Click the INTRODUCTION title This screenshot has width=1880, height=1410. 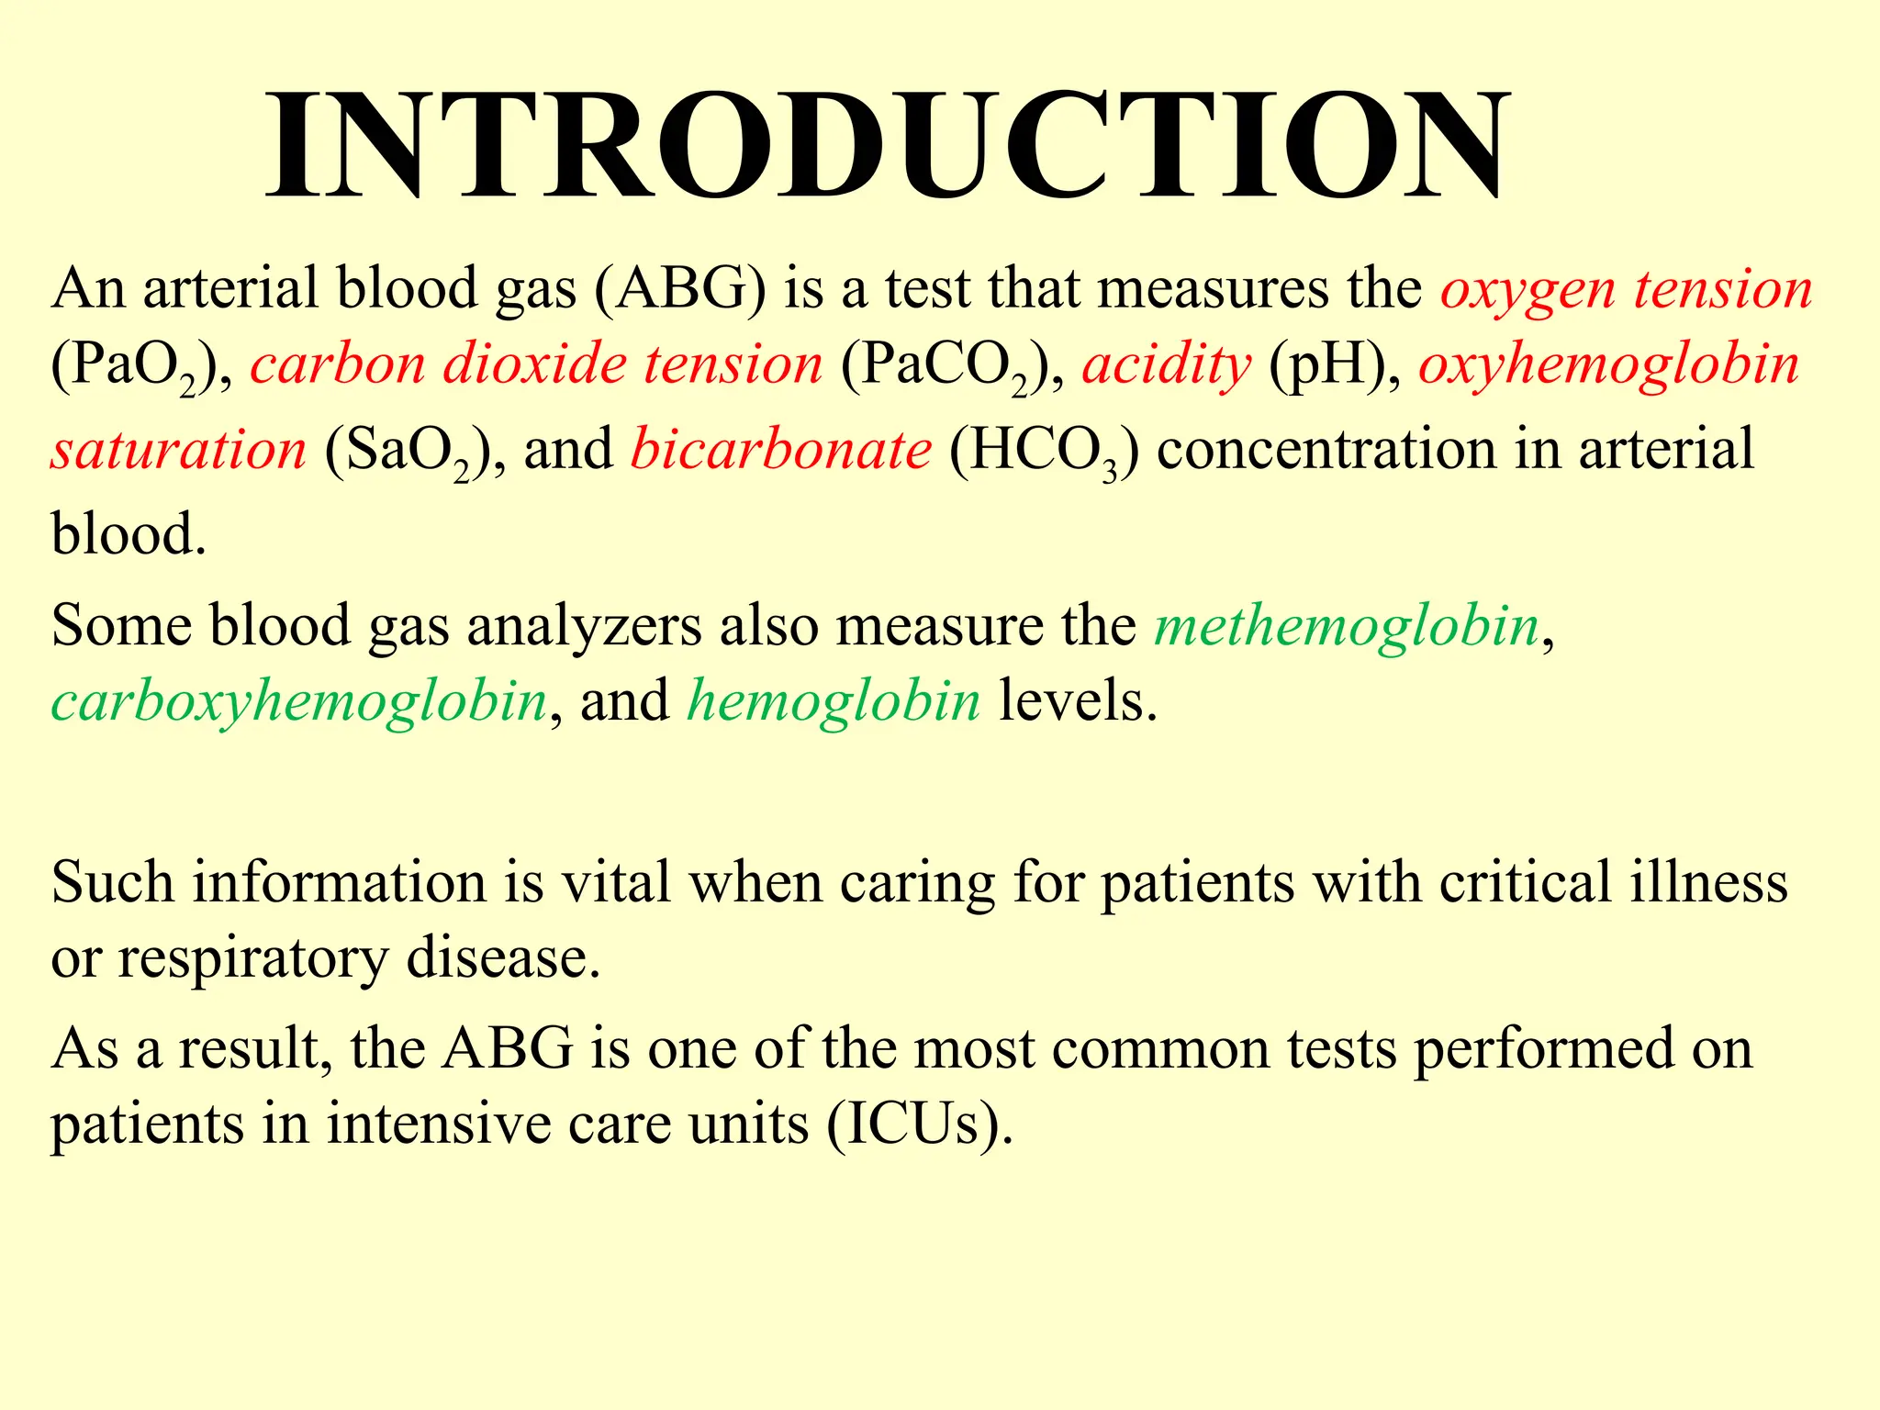889,145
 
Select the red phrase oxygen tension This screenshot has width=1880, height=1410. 1626,288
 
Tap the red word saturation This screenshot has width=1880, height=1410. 178,450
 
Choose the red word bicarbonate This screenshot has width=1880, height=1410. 781,450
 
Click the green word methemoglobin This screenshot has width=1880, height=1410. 1347,626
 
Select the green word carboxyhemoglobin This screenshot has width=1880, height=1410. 299,701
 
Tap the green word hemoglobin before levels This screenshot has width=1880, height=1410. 834,701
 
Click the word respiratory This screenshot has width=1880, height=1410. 253,958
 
